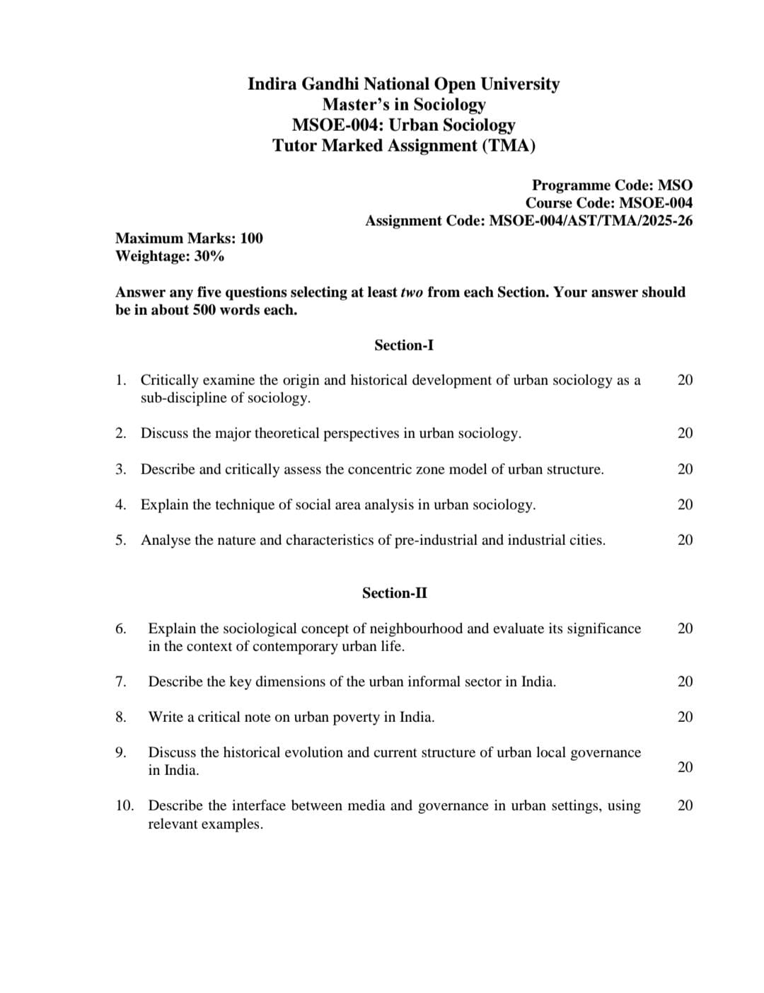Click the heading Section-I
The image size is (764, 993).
[403, 345]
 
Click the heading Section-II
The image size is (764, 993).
[394, 593]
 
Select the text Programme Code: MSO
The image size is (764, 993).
[612, 185]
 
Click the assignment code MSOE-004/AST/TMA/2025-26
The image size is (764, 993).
[591, 221]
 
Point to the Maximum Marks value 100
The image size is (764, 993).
[251, 239]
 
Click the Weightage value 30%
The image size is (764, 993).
[209, 256]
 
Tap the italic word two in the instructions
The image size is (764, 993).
[412, 292]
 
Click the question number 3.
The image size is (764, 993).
[121, 469]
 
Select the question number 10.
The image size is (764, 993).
[125, 805]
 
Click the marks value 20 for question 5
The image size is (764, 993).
[685, 540]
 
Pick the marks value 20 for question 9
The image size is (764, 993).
[685, 767]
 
